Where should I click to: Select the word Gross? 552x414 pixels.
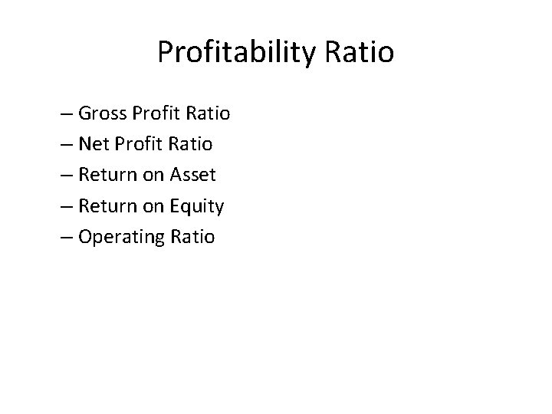(103, 113)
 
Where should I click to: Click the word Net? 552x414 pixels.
(94, 144)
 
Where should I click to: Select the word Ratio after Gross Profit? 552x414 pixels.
(208, 113)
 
